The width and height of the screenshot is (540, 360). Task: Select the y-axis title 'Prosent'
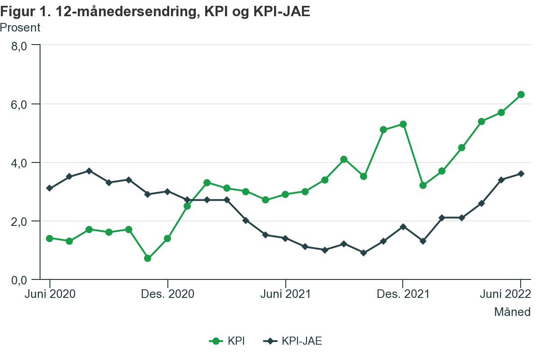(x=20, y=28)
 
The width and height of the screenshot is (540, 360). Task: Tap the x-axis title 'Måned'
(x=512, y=311)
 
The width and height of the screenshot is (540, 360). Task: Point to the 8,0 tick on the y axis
(x=21, y=45)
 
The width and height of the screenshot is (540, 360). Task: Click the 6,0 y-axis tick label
(x=21, y=104)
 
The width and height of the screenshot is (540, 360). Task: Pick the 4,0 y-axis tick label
(x=21, y=162)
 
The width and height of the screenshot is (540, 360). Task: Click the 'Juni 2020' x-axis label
(x=49, y=294)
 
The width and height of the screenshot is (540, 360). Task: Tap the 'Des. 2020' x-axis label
(x=167, y=294)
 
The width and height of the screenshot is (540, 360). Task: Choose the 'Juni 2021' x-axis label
(x=285, y=294)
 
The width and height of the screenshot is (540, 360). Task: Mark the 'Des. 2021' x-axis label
(x=403, y=294)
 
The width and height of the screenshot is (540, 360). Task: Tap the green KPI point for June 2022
(x=521, y=94)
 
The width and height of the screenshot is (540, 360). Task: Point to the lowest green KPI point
(x=148, y=258)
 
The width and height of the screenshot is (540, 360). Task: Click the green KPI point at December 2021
(x=403, y=124)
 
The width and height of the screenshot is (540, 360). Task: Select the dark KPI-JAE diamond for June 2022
(x=521, y=174)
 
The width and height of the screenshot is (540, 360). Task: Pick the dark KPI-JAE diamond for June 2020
(x=49, y=188)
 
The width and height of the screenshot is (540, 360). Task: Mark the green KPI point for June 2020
(x=49, y=238)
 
